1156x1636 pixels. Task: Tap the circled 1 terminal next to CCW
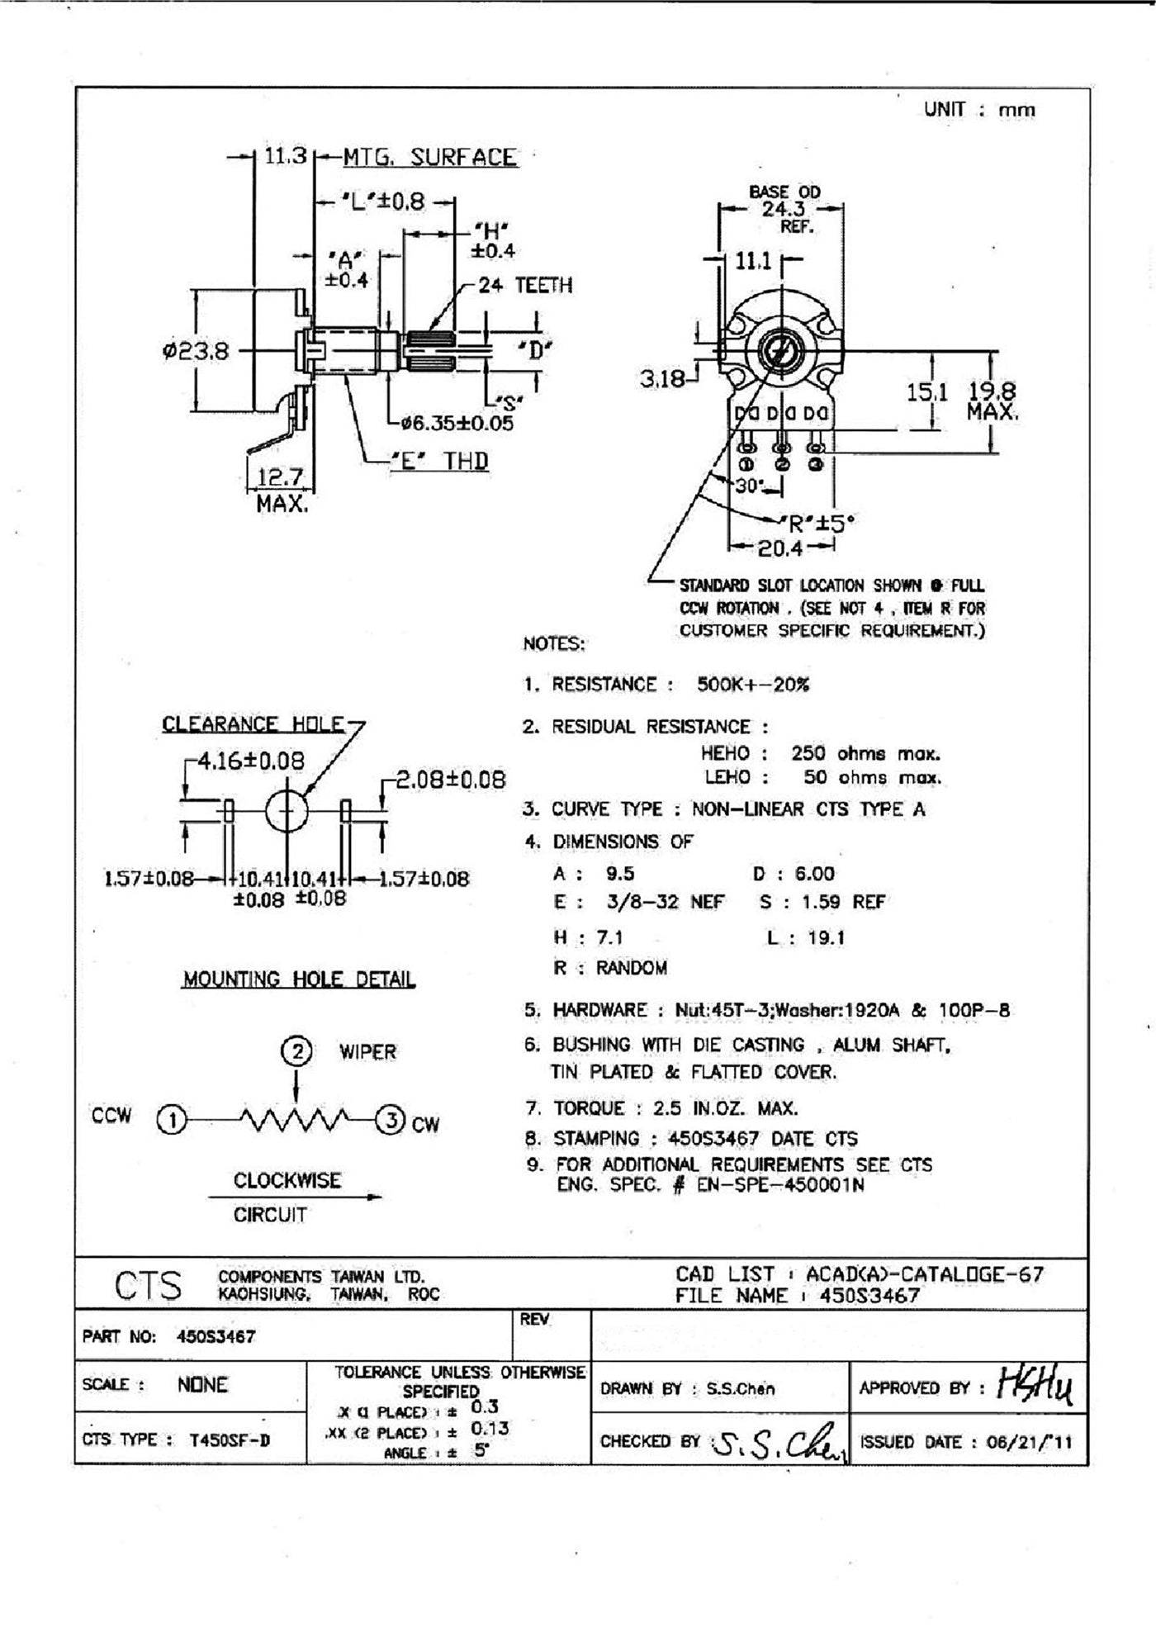pyautogui.click(x=171, y=1121)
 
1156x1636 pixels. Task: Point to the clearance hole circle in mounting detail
pyautogui.click(x=287, y=813)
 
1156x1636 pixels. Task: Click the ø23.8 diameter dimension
pyautogui.click(x=196, y=352)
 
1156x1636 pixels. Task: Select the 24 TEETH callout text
pyautogui.click(x=525, y=286)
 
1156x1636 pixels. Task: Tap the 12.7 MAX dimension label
pyautogui.click(x=281, y=488)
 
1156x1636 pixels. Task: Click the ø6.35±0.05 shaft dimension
pyautogui.click(x=457, y=424)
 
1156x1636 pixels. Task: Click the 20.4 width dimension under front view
pyautogui.click(x=780, y=547)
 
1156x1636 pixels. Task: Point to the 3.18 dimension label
pyautogui.click(x=662, y=379)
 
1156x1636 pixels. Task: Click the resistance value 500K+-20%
pyautogui.click(x=753, y=685)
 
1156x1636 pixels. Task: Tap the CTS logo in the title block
pyautogui.click(x=149, y=1286)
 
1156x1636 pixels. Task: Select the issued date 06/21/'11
pyautogui.click(x=1028, y=1442)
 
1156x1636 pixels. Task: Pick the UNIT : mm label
pyautogui.click(x=979, y=109)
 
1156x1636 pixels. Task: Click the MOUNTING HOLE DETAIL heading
pyautogui.click(x=299, y=979)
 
